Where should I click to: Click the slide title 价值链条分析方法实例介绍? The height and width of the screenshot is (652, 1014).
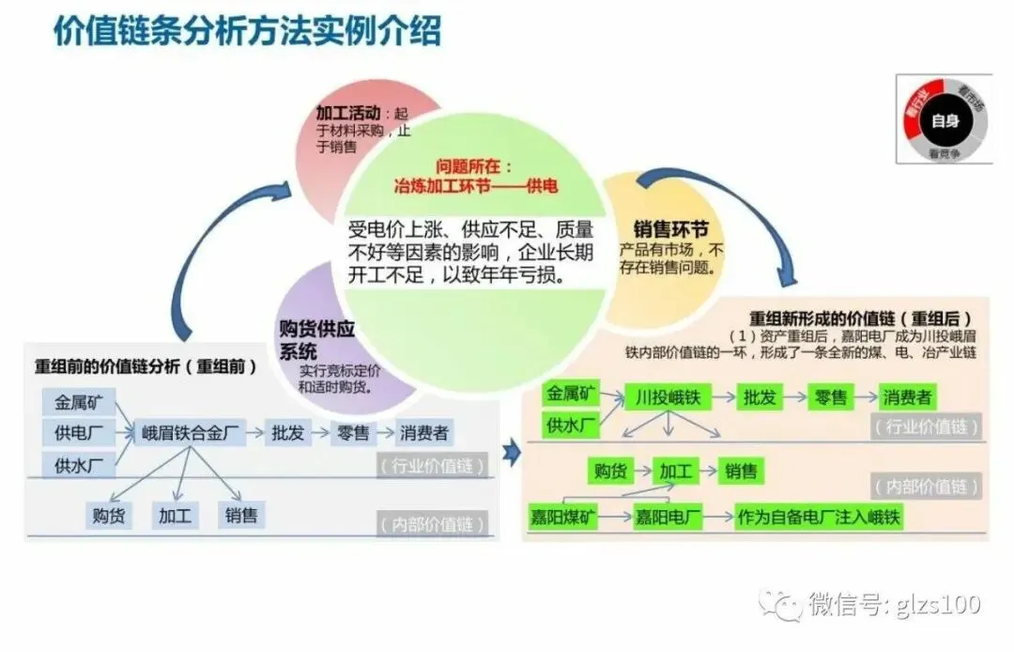pos(246,31)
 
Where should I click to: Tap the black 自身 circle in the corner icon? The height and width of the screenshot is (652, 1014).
pos(945,119)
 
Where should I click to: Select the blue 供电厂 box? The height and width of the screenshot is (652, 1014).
pos(79,433)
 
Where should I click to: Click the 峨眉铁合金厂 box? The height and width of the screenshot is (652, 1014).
pos(192,433)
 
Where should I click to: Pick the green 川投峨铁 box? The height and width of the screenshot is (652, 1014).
pos(668,396)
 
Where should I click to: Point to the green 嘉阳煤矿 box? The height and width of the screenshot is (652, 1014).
pos(563,517)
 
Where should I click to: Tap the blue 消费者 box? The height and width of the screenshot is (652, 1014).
pos(424,433)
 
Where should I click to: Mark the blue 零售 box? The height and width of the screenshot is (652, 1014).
pos(353,433)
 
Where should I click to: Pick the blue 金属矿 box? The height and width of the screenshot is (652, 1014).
pos(79,403)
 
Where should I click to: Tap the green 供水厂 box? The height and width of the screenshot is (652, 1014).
pos(569,426)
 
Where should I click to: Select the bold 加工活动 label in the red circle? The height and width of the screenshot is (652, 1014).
pos(347,114)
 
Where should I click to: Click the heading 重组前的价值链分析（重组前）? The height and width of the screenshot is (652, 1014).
pos(146,367)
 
